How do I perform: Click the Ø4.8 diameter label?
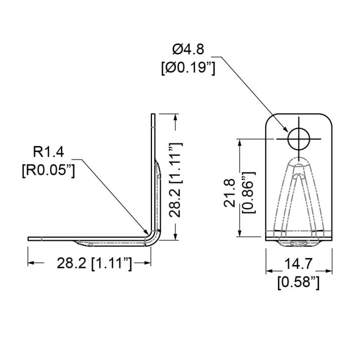click(188, 49)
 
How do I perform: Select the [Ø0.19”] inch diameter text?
click(188, 68)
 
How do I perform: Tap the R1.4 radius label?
click(48, 152)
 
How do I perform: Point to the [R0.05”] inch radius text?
click(48, 171)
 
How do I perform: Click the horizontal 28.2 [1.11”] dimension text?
click(94, 263)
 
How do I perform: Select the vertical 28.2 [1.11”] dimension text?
click(175, 180)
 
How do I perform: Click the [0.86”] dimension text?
click(249, 192)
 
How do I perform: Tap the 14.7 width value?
click(298, 264)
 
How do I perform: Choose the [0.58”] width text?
click(298, 282)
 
